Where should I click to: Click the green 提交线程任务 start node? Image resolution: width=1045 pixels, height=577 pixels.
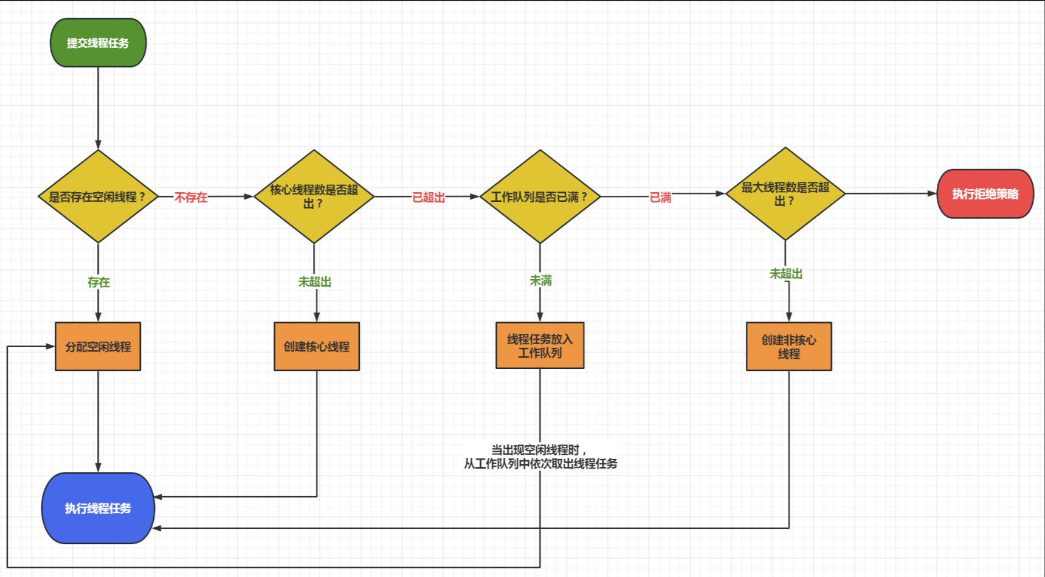[x=98, y=43]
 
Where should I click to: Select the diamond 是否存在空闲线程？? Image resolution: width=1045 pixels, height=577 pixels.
[x=98, y=196]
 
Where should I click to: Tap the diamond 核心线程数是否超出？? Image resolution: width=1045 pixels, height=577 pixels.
[x=314, y=196]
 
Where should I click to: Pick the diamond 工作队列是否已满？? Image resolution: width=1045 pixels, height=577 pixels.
[x=540, y=196]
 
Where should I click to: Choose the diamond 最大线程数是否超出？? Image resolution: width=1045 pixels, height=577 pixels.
[x=785, y=193]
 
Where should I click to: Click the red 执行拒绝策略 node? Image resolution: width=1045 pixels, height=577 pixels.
[x=985, y=194]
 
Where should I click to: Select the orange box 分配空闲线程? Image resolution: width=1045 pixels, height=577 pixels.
[x=98, y=347]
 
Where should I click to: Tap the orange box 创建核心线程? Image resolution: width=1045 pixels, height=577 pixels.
[x=317, y=347]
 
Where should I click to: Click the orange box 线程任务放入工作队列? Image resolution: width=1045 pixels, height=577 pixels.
[x=540, y=345]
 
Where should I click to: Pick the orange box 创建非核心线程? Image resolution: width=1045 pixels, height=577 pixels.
[x=788, y=347]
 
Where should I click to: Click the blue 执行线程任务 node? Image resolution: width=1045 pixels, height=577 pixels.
[x=98, y=508]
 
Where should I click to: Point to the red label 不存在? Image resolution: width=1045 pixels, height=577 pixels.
[x=191, y=197]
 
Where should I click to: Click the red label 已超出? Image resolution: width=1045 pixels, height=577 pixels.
[x=429, y=197]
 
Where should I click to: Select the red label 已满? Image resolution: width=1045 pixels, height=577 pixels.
[x=660, y=197]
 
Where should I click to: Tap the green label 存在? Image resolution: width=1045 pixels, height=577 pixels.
[x=98, y=282]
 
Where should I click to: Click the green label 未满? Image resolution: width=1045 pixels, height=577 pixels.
[x=540, y=280]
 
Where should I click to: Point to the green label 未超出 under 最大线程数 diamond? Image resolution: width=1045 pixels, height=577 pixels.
[x=786, y=274]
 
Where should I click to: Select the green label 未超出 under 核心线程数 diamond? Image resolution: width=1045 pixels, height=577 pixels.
[x=314, y=282]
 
